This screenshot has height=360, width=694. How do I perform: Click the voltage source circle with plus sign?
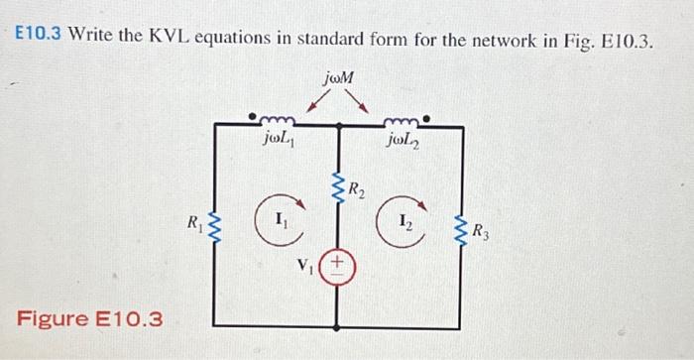[x=338, y=264]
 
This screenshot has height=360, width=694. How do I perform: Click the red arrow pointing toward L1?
[x=316, y=102]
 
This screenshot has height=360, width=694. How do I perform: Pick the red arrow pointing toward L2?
[x=362, y=102]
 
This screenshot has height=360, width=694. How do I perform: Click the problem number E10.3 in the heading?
[x=39, y=40]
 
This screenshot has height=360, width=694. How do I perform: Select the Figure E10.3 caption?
[x=89, y=319]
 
